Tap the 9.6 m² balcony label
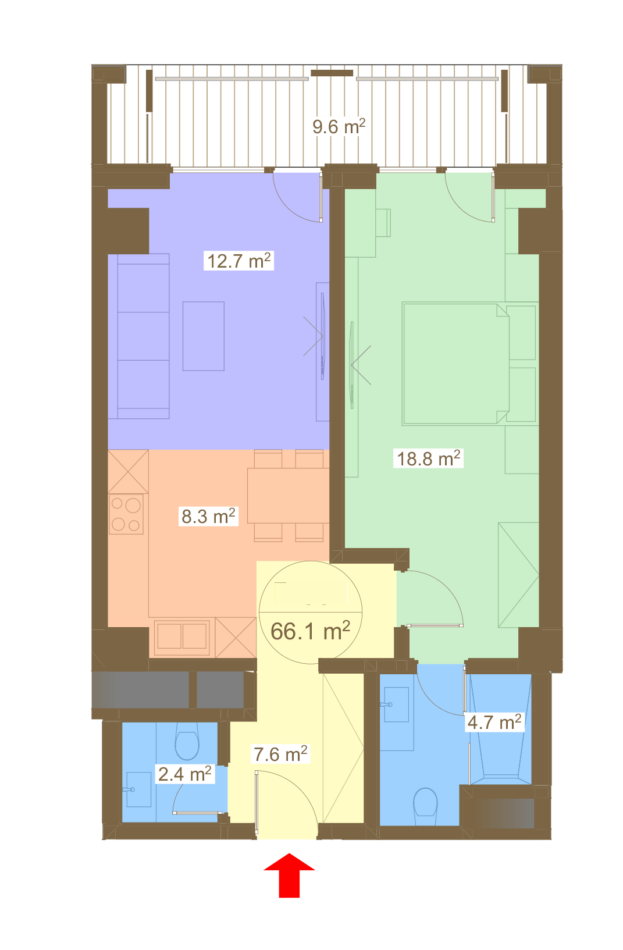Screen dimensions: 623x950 pos(339,126)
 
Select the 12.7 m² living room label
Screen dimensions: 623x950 pos(238,261)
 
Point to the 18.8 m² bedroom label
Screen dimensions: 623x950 pos(428,458)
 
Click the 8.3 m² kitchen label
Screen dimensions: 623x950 pos(208,516)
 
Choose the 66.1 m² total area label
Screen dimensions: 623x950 pos(310,631)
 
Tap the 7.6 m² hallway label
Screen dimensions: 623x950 pos(280,754)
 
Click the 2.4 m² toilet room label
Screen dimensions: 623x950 pos(184,774)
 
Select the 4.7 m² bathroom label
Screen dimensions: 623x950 pos(494,723)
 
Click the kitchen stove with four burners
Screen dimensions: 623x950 pos(126,514)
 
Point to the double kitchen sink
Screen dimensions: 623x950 pos(182,636)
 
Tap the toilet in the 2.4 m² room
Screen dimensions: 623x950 pos(187,742)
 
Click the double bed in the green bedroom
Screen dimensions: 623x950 pos(456,364)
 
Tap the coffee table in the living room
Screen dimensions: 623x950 pos(203,336)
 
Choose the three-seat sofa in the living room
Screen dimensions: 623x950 pos(138,336)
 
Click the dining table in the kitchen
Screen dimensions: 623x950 pos(289,495)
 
